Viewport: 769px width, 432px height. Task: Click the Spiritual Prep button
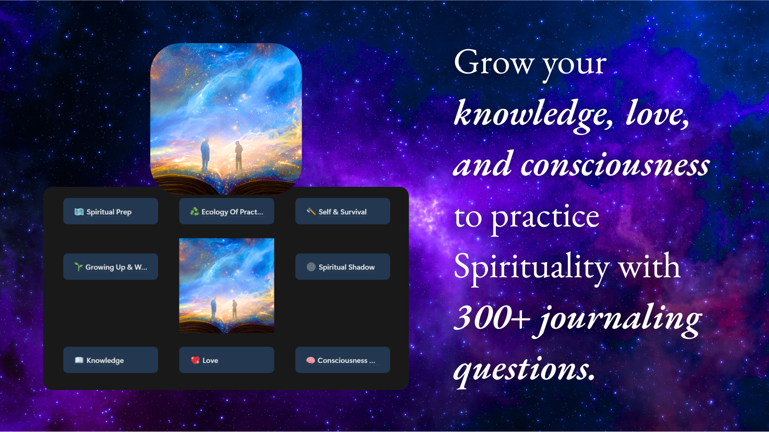coord(111,211)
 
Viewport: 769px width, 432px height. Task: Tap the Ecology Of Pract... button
coord(227,211)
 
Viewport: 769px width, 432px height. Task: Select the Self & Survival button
coord(343,211)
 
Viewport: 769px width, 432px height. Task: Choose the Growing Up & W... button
coord(111,266)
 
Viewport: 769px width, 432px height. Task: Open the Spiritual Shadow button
coord(343,266)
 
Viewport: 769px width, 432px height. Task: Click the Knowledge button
coord(111,360)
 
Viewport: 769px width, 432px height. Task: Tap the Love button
coord(227,360)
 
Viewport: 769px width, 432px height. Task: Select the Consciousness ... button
coord(343,360)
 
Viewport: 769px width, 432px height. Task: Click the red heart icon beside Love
coord(195,360)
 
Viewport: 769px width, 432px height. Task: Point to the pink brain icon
coord(310,360)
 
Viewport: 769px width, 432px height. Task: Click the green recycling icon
coord(195,212)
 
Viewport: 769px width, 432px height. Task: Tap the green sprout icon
coord(79,267)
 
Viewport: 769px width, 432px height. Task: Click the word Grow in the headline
coord(494,62)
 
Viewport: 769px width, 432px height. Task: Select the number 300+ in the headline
coord(493,318)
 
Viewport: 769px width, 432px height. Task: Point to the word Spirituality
coord(532,267)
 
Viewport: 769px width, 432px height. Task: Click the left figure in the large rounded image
coord(205,154)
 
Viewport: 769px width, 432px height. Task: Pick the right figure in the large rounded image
coord(239,155)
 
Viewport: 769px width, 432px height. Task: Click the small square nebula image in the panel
coord(227,285)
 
